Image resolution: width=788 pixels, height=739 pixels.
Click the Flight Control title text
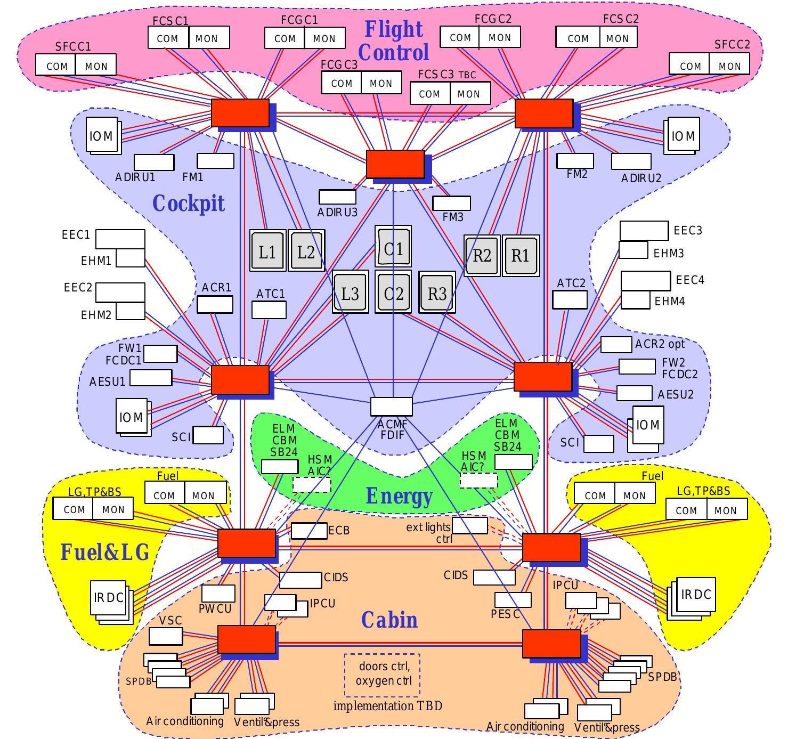point(393,41)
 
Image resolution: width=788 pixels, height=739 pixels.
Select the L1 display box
point(267,250)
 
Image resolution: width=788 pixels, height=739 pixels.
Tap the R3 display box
point(437,293)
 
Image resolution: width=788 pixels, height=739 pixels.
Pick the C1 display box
point(393,247)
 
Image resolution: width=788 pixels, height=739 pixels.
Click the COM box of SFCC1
point(55,65)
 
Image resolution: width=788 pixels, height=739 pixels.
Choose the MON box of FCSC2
point(618,37)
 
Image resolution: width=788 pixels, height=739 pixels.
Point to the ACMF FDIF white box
point(391,407)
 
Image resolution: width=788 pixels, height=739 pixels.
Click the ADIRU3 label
point(337,213)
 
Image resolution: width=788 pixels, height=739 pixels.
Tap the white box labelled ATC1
point(269,310)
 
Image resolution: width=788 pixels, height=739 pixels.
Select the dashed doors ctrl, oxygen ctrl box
point(382,675)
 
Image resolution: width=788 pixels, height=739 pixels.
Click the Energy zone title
point(399,496)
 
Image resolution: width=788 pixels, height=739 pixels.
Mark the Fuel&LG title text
point(105,552)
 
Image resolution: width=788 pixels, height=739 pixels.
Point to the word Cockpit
point(189,203)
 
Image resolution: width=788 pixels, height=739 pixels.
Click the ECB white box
point(309,531)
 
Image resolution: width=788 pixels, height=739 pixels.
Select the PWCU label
point(215,609)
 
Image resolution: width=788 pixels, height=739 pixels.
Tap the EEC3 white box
point(644,231)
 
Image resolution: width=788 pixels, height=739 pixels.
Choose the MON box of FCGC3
point(381,83)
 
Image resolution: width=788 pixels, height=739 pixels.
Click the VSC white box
point(166,636)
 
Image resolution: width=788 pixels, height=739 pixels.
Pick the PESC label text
point(505,614)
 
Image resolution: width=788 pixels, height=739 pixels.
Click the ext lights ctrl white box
point(470,525)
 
